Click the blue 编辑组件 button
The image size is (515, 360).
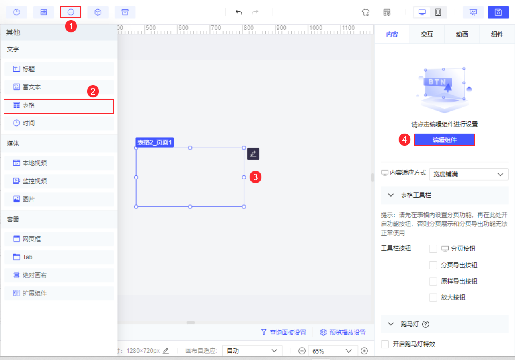click(x=444, y=140)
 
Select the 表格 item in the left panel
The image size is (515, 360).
click(x=59, y=105)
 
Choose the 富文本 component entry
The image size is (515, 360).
click(x=59, y=87)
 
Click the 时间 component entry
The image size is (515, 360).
click(x=59, y=123)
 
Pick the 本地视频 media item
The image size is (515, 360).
click(x=59, y=163)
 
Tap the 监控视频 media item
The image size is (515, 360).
click(x=59, y=181)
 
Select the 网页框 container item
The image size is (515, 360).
click(x=59, y=239)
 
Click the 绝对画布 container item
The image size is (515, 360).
click(x=59, y=275)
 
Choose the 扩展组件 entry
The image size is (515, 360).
click(x=59, y=293)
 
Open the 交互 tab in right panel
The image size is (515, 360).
click(x=427, y=34)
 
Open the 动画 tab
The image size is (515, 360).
click(x=462, y=34)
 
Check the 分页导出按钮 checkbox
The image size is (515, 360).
click(x=433, y=265)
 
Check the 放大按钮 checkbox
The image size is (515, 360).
click(x=433, y=298)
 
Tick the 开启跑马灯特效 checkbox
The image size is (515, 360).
click(x=385, y=344)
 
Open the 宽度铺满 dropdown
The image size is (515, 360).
click(x=468, y=174)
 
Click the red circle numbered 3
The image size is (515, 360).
click(x=256, y=177)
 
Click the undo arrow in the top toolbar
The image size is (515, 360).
click(x=239, y=12)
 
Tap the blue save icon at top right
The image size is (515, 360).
click(x=498, y=12)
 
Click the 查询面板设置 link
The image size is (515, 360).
click(x=284, y=332)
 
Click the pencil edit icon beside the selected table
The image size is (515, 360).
click(x=253, y=154)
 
